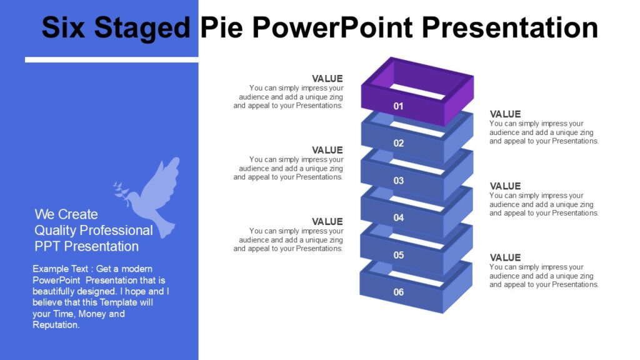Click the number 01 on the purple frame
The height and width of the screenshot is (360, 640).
(x=398, y=106)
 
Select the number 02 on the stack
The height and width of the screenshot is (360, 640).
(x=398, y=143)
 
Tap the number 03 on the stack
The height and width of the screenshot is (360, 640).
(x=398, y=181)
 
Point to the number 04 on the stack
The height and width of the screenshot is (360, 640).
(x=398, y=217)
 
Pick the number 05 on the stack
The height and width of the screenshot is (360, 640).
(x=398, y=255)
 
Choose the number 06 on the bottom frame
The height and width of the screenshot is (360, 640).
(x=398, y=292)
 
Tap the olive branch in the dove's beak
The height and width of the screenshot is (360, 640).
(x=121, y=189)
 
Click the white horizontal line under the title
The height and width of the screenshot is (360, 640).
(x=111, y=60)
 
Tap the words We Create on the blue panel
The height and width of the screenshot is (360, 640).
(x=66, y=214)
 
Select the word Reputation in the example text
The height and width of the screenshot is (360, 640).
(x=56, y=325)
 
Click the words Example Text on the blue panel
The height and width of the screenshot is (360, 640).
(x=61, y=269)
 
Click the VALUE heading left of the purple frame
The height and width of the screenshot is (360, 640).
(x=327, y=79)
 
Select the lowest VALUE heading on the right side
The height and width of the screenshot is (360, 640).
(x=505, y=257)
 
